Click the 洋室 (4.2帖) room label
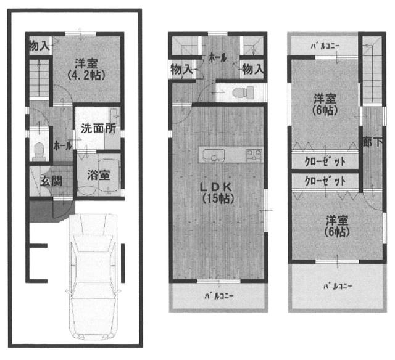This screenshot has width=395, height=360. pyautogui.click(x=86, y=69)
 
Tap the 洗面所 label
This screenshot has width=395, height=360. pyautogui.click(x=98, y=129)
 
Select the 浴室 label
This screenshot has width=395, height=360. pyautogui.click(x=99, y=175)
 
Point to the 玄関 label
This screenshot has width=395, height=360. pyautogui.click(x=51, y=181)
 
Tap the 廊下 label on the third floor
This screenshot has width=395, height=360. pyautogui.click(x=373, y=142)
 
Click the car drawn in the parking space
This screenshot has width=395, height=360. pyautogui.click(x=93, y=276)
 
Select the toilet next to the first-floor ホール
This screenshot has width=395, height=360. pyautogui.click(x=39, y=150)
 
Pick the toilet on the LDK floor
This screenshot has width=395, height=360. pyautogui.click(x=243, y=92)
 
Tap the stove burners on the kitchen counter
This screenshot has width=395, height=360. pyautogui.click(x=254, y=155)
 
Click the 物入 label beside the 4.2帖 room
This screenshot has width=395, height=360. pyautogui.click(x=39, y=46)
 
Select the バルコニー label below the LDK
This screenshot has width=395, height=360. pyautogui.click(x=218, y=296)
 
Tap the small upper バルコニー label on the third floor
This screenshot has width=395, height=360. pyautogui.click(x=325, y=46)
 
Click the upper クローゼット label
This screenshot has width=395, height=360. pyautogui.click(x=325, y=162)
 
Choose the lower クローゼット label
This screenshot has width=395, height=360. pyautogui.click(x=325, y=181)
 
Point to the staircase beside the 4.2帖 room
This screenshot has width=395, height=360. pyautogui.click(x=39, y=78)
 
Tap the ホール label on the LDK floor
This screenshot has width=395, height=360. pyautogui.click(x=218, y=58)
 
